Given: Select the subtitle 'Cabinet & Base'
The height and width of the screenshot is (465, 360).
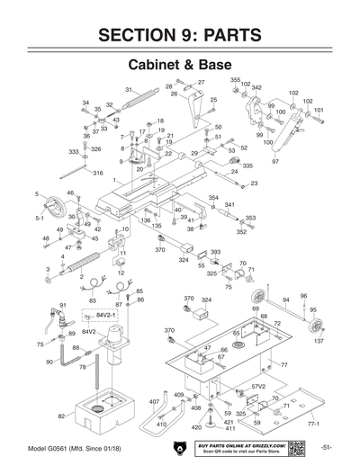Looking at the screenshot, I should point(179,67).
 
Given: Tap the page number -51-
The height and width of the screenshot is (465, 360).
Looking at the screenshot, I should point(325,447).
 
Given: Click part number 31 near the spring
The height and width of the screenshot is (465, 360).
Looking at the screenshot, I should point(129,89).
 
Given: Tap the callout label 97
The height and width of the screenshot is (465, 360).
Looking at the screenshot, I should point(275,161).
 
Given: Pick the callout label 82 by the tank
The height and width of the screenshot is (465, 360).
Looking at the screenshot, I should point(61,416).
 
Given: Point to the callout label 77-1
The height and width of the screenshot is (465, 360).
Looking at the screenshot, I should point(313,422).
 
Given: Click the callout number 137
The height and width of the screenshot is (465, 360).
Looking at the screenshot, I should point(319,341).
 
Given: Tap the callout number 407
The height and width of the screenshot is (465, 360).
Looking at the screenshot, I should point(154,401).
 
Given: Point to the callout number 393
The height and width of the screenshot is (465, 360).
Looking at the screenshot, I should point(215,253).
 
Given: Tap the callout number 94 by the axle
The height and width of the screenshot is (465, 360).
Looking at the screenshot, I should point(285,300).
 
